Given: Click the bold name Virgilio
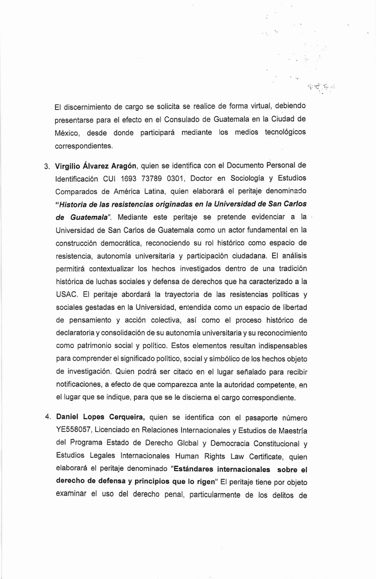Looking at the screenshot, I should point(67,166).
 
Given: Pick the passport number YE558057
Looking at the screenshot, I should point(73,430).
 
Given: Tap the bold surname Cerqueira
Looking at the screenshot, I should point(127,417).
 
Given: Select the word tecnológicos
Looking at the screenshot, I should point(285,132).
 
